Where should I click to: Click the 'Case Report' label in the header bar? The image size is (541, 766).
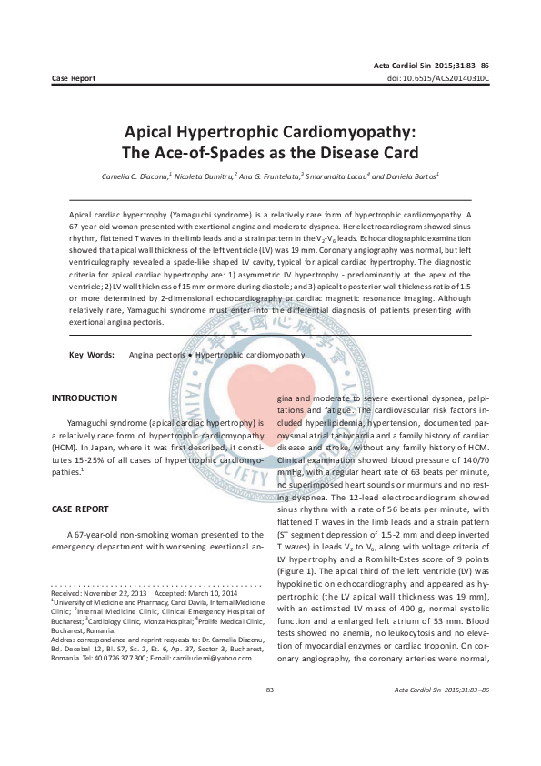[74, 79]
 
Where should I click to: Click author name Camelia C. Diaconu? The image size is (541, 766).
[160, 175]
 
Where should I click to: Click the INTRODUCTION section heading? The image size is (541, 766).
[85, 398]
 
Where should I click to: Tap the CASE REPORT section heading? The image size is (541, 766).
[81, 509]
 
